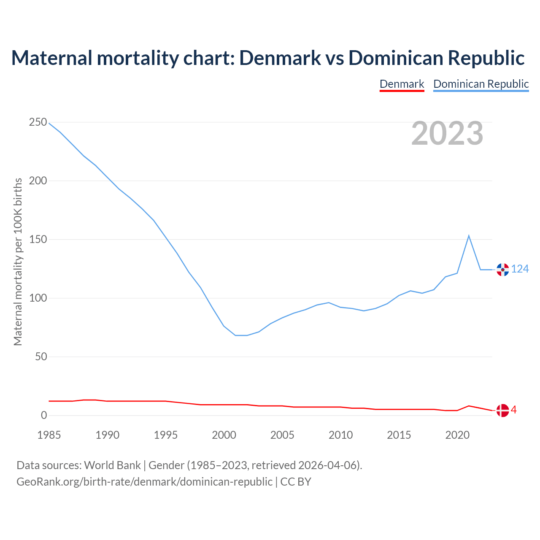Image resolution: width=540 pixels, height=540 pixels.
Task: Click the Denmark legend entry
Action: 402,84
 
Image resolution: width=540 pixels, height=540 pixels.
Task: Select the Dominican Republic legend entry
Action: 481,84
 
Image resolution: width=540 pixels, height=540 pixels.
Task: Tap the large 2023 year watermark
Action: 447,133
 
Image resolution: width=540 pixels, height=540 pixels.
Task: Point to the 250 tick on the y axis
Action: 38,122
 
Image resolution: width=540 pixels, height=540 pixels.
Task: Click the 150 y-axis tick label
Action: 38,240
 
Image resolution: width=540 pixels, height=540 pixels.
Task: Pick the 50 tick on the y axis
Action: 41,357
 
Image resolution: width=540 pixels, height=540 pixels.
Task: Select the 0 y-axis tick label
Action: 44,416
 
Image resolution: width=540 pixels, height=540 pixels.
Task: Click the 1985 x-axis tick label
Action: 49,435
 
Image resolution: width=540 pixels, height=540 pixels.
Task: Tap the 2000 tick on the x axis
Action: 224,435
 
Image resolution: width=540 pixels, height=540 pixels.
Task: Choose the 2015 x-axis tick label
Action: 399,435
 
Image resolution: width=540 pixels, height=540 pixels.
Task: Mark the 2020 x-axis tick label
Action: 457,435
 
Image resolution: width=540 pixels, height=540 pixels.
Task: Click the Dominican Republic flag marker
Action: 502,270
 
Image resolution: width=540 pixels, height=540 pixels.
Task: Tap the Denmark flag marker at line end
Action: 502,410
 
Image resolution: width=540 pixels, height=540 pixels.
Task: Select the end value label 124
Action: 520,269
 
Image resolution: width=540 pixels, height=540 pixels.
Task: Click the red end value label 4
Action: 514,410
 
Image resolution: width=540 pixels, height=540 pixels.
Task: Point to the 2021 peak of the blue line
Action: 469,235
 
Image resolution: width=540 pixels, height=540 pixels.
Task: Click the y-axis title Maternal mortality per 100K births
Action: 18,262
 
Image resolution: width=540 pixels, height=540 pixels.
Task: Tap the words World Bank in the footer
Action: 112,465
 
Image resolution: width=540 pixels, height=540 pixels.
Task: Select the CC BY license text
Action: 296,482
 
